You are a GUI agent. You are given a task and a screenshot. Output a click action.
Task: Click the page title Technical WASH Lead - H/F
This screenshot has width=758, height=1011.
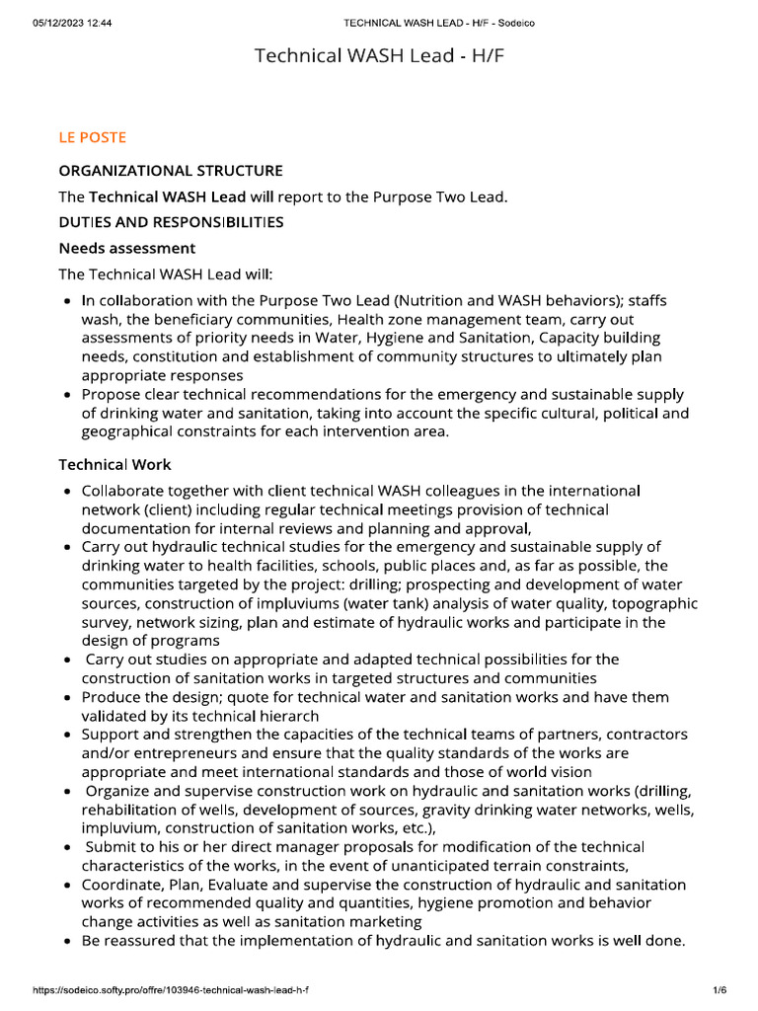tap(379, 56)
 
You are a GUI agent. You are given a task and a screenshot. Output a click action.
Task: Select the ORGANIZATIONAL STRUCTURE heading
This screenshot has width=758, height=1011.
tap(171, 171)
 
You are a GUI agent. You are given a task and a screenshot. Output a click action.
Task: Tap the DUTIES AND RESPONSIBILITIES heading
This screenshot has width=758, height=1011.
tap(171, 222)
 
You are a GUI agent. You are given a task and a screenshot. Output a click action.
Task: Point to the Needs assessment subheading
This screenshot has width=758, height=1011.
tap(127, 248)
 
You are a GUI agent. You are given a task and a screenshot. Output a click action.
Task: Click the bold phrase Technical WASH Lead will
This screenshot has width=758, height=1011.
tap(182, 196)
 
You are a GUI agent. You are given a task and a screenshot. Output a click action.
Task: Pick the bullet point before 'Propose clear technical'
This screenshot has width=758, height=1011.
tap(66, 395)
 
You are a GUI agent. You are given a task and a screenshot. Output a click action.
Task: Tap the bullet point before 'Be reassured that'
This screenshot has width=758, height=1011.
tap(66, 941)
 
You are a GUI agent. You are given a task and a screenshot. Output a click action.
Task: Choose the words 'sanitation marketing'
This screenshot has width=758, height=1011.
tap(356, 921)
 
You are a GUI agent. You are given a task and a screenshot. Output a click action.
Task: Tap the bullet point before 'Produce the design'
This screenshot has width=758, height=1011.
tap(66, 698)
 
